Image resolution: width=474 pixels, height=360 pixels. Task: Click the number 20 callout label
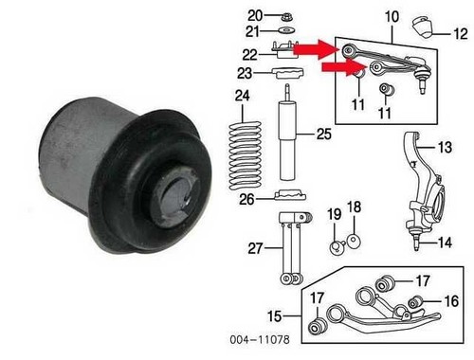coord(255,15)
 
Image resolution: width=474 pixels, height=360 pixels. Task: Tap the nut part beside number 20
coord(286,16)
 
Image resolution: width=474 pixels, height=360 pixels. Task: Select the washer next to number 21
coord(287,30)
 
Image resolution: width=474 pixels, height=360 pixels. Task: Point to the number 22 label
coord(250,55)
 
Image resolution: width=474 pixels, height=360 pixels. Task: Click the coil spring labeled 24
coord(246,155)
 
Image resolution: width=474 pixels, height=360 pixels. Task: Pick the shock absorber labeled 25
coord(287,133)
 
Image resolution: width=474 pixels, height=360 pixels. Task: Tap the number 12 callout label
coord(460,33)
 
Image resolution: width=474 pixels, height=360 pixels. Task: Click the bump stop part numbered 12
coord(422,27)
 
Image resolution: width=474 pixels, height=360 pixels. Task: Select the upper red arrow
coord(318,49)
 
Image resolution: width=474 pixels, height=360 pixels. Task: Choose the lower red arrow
coord(344,67)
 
